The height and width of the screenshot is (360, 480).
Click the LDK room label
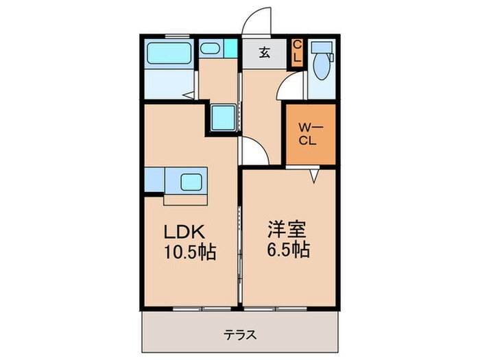183,232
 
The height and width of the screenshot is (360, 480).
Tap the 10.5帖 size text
189,252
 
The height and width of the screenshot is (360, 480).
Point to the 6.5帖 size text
288,249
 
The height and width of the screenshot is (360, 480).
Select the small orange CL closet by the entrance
297,52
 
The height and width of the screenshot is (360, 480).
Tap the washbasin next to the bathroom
209,49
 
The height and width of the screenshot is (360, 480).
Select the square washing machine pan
224,119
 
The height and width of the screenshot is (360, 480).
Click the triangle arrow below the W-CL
313,176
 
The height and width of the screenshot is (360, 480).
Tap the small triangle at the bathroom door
186,97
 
